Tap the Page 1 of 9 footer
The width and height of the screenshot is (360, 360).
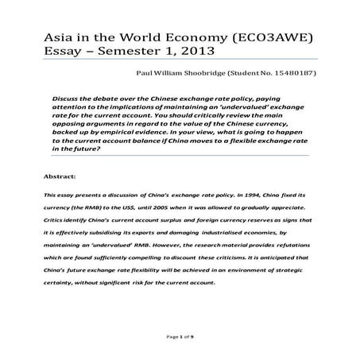[180, 339]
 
